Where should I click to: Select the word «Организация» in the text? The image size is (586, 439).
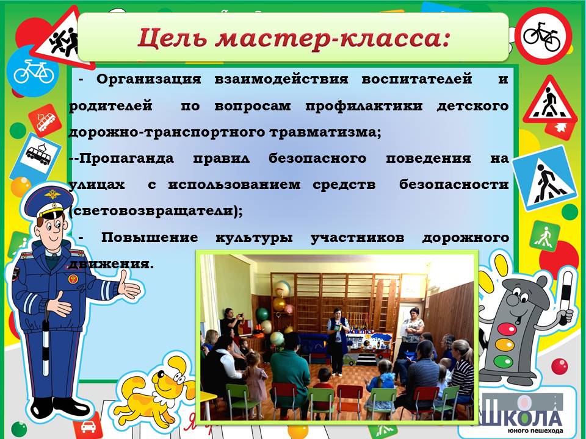149,79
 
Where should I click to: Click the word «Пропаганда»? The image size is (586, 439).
126,159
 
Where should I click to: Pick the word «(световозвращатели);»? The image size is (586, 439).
156,212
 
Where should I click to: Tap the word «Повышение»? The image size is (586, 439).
150,237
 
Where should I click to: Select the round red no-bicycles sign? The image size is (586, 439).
543,36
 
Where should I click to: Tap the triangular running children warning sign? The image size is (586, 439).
62,37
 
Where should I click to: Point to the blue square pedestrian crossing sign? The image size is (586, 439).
545,178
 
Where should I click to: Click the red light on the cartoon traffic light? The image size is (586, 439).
507,329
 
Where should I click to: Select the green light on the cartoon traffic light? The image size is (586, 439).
503,361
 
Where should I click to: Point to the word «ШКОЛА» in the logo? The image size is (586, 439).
522,416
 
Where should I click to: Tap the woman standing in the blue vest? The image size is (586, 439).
338,341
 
